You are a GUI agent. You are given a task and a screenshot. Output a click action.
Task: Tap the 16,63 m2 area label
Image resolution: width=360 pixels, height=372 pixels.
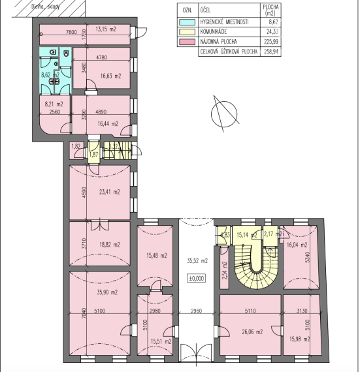coord(110,76)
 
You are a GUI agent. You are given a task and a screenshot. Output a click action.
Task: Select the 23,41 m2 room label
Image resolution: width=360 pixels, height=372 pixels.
coord(109,193)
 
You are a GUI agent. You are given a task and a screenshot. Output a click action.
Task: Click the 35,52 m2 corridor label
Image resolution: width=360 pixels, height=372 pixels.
coord(197,260)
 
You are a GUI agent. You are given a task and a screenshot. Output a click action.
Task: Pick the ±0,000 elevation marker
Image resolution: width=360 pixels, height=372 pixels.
coord(197,278)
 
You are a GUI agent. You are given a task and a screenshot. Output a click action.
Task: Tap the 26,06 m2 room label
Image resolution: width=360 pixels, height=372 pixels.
coord(251,332)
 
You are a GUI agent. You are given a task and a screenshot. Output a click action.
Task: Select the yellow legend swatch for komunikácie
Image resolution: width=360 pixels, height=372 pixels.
coord(188,31)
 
